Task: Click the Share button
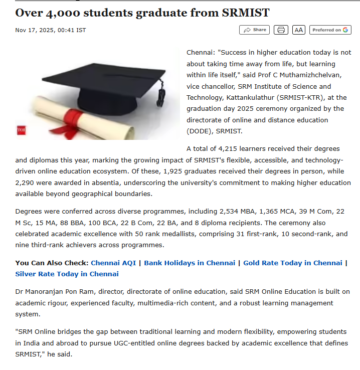pos(254,30)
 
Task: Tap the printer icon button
pos(281,30)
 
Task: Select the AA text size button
pos(299,30)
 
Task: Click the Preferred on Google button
pos(330,30)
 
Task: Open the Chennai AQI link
pos(113,263)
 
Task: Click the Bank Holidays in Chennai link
pos(190,263)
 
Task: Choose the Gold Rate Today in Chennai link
pos(292,263)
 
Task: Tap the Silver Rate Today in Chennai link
pos(67,274)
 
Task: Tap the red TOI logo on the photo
pos(21,130)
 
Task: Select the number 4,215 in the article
pos(228,149)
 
